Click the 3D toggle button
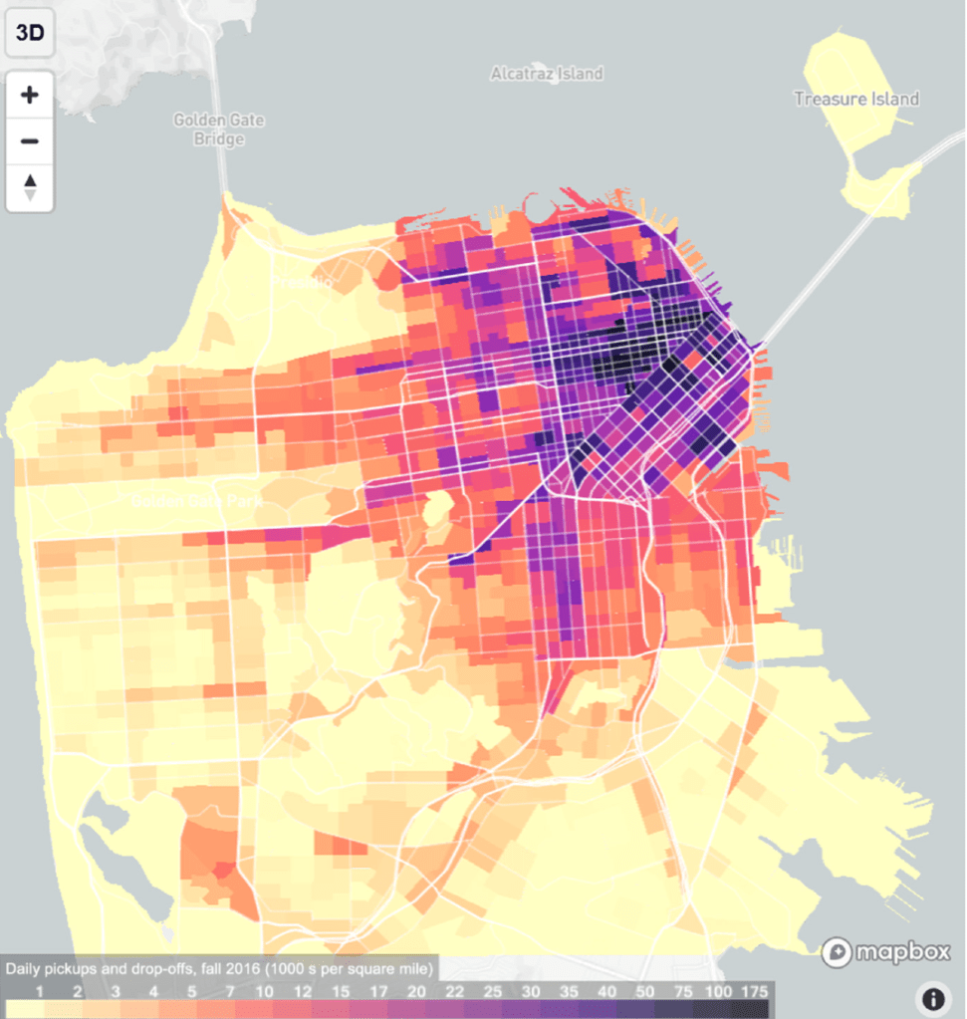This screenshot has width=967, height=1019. coord(30,33)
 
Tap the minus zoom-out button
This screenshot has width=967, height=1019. coord(30,140)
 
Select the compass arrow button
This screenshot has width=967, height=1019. coord(30,186)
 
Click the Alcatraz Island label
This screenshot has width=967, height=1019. coord(547,74)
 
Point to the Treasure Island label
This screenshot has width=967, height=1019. coord(855,99)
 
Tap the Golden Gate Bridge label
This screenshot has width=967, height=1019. coord(219,129)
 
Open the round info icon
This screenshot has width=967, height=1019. coord(933,998)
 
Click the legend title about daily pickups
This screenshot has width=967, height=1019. coord(219,968)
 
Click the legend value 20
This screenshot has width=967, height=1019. coord(416,992)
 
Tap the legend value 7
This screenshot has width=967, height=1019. coord(230,992)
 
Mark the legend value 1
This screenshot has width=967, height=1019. coord(39,992)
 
